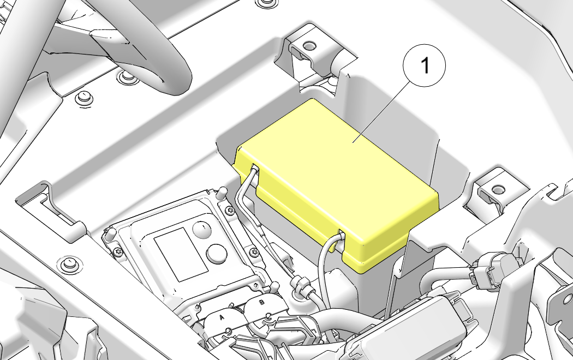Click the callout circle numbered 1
click(x=424, y=65)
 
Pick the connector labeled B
click(x=264, y=306)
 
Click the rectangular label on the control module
click(x=181, y=254)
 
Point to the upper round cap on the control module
click(x=202, y=229)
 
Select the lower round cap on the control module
click(x=217, y=254)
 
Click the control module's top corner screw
click(x=230, y=210)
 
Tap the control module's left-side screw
click(x=118, y=251)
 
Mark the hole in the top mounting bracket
click(x=309, y=46)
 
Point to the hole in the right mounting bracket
click(x=498, y=189)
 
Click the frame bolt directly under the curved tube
click(x=126, y=76)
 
